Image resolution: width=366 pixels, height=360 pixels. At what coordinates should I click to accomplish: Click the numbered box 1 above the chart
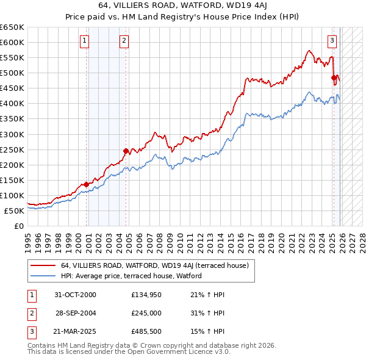click(x=84, y=41)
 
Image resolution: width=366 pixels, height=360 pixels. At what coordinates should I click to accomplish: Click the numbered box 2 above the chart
click(x=124, y=41)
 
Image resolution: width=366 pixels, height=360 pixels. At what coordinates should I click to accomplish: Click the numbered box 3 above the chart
click(x=332, y=41)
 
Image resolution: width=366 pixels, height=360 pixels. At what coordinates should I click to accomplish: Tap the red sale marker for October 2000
click(x=87, y=184)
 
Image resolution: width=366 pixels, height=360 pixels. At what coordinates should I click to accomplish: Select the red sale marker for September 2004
click(x=126, y=151)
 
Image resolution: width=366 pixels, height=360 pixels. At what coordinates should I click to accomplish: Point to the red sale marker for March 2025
click(x=334, y=77)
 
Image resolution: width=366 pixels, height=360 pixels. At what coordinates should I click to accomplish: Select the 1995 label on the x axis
click(x=28, y=239)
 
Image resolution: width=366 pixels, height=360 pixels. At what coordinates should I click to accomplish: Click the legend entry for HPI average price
click(x=131, y=276)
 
